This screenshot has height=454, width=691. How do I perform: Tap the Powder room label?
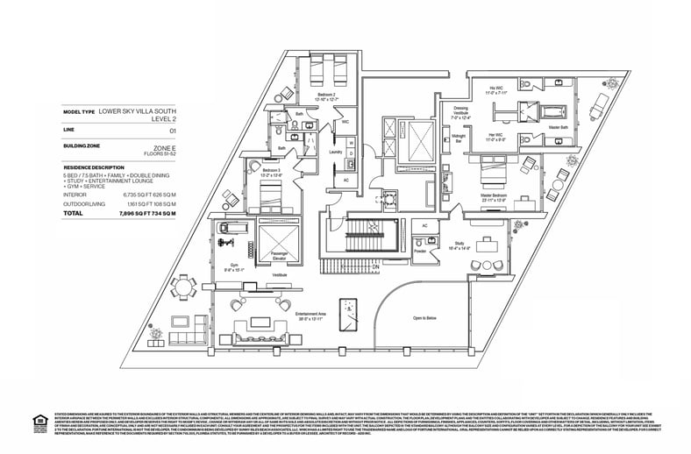[x=420, y=250]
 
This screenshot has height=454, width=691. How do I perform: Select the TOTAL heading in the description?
[x=74, y=213]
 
